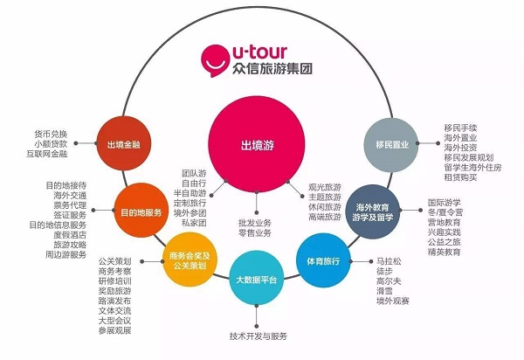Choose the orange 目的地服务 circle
pos(140,210)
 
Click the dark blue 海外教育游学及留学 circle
pos(374,211)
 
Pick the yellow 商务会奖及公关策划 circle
pos(187,259)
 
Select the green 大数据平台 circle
pos(256,280)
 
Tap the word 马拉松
pos(390,261)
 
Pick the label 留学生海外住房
pos(474,166)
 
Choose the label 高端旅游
pos(324,218)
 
